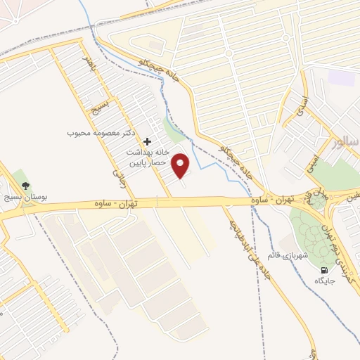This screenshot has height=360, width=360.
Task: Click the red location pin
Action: [181, 167]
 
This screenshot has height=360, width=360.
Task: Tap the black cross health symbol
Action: [147, 141]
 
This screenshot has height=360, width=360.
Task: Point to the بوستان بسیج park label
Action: [26, 198]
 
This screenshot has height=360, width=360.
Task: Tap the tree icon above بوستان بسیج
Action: [26, 186]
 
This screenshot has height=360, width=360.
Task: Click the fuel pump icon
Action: [323, 270]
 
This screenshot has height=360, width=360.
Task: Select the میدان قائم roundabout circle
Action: [317, 201]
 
